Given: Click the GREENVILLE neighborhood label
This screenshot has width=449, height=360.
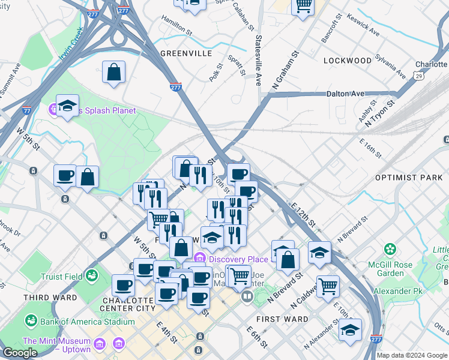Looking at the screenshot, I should click(x=187, y=53).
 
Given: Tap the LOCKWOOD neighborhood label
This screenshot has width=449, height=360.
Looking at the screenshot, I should click(x=348, y=61).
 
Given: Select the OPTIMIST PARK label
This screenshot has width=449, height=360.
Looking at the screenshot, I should click(x=408, y=178).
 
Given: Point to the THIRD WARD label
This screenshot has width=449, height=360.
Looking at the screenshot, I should click(x=50, y=298).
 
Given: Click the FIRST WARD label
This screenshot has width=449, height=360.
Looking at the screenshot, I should click(x=282, y=319).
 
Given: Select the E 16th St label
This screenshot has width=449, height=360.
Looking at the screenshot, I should click(x=370, y=148).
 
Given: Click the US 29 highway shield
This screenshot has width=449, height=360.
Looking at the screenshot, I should click(x=418, y=76).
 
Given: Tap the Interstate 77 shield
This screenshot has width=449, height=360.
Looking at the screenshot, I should click(x=26, y=110).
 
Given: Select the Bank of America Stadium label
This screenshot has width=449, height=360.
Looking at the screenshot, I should click(x=78, y=322).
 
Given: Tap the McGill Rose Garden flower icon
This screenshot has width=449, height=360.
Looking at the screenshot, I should click(x=391, y=248).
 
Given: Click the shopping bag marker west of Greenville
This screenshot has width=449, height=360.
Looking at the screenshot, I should click(x=113, y=73).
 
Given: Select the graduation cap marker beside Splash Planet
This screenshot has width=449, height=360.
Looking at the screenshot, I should click(x=68, y=106).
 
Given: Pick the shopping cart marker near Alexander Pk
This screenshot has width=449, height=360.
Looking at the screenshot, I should click(x=328, y=286).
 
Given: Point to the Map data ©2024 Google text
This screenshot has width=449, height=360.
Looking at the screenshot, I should click(x=412, y=355).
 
